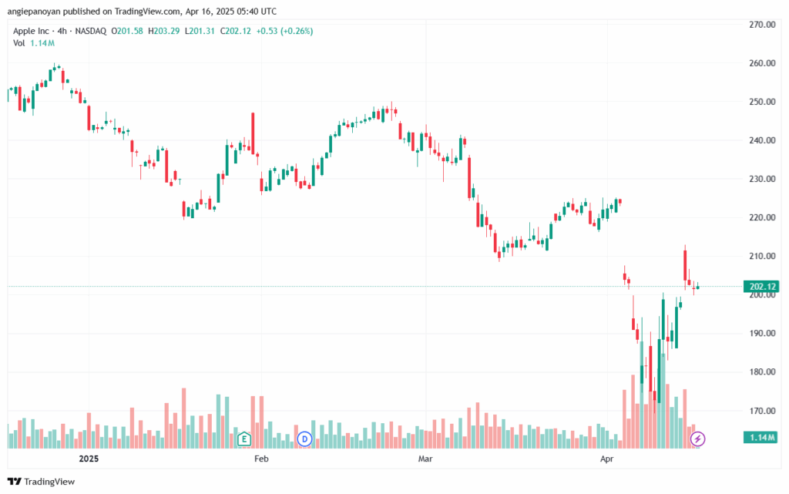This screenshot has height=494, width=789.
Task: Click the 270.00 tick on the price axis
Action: click(762, 25)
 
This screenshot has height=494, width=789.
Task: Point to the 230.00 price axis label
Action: click(762, 179)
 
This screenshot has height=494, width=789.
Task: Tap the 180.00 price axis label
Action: click(762, 372)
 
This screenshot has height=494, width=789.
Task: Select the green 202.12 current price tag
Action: click(761, 287)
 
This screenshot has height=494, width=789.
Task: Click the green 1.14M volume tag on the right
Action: click(761, 438)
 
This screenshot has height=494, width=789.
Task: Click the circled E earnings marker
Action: click(244, 439)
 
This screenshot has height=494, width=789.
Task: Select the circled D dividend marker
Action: click(304, 439)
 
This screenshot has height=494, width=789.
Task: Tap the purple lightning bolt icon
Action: click(697, 439)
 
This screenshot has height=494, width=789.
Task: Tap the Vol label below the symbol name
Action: click(19, 43)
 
